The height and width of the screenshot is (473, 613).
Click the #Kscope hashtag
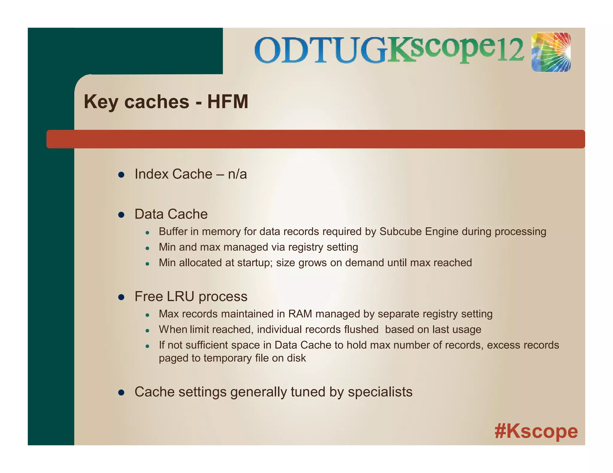pyautogui.click(x=536, y=431)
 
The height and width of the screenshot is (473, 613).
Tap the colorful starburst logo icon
pyautogui.click(x=551, y=52)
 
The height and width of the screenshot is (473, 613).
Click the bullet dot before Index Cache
pyautogui.click(x=121, y=175)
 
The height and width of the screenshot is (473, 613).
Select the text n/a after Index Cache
pyautogui.click(x=237, y=174)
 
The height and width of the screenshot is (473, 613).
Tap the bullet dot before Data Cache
pyautogui.click(x=121, y=215)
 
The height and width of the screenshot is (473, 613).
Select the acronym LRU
pyautogui.click(x=180, y=297)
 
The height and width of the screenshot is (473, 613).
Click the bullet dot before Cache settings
pyautogui.click(x=121, y=393)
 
